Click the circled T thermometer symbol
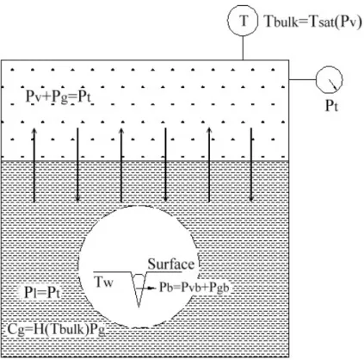(x=243, y=21)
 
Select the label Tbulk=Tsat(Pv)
(x=313, y=22)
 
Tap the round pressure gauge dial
(x=330, y=80)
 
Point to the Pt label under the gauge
(x=331, y=106)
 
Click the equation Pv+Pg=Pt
(x=59, y=97)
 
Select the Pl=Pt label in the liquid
(x=42, y=293)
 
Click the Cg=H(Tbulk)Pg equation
(x=56, y=329)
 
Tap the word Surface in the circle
(x=171, y=264)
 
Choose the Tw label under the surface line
(x=104, y=282)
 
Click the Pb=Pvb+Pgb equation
(x=194, y=288)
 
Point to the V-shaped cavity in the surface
(x=139, y=289)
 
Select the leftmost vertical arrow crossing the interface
(x=34, y=165)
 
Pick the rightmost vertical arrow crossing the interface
(x=251, y=164)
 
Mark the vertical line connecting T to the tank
(x=243, y=48)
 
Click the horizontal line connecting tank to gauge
(x=302, y=79)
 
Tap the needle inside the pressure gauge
(x=333, y=84)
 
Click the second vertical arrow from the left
(x=77, y=165)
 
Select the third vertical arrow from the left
(x=121, y=165)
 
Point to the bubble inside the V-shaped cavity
(x=139, y=282)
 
